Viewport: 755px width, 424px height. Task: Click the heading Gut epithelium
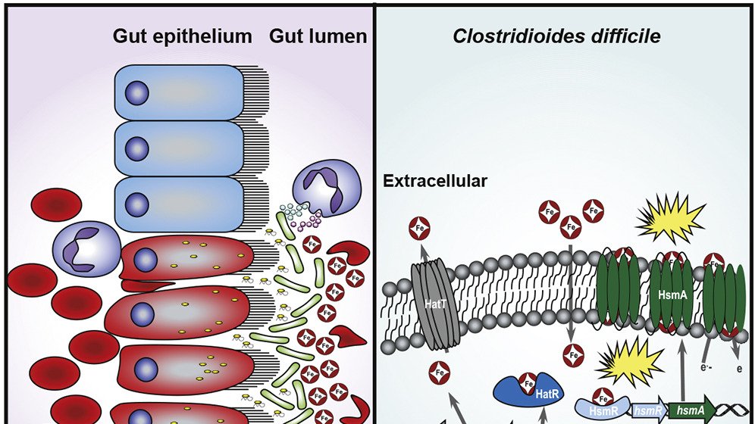(x=183, y=36)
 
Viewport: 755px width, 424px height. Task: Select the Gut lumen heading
(x=318, y=36)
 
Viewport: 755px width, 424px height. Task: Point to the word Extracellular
(x=435, y=181)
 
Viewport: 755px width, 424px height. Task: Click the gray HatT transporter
(x=431, y=304)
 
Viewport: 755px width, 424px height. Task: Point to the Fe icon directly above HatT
(x=419, y=226)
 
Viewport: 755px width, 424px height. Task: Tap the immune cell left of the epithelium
(x=86, y=248)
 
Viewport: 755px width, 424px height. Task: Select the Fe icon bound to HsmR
(x=603, y=394)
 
